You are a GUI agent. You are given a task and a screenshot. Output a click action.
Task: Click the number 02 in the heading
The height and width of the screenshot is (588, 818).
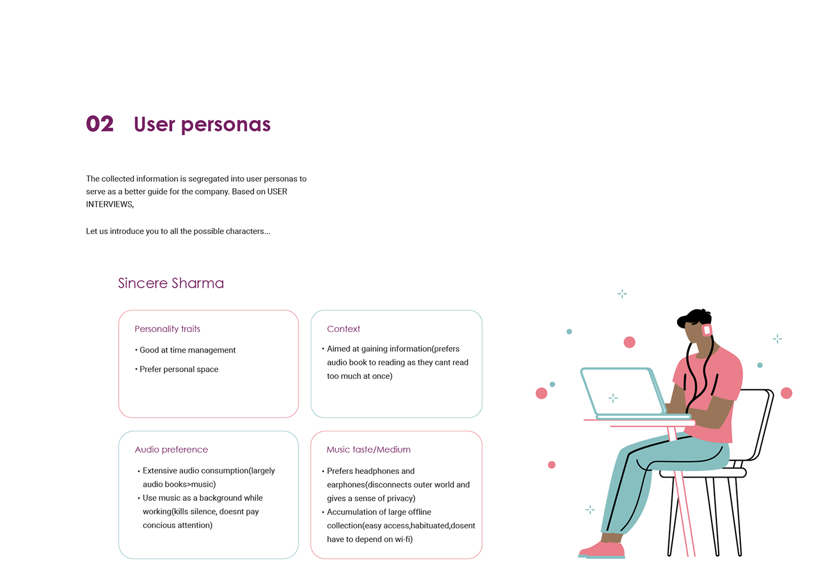click(100, 124)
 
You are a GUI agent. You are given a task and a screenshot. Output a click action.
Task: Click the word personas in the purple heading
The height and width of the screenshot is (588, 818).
click(226, 124)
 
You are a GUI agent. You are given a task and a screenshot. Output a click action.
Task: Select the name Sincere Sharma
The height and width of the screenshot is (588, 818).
click(171, 283)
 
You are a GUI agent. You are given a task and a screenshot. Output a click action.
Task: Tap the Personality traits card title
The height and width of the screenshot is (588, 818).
click(167, 329)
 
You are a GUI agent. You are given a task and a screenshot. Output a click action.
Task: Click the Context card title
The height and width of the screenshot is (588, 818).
click(344, 329)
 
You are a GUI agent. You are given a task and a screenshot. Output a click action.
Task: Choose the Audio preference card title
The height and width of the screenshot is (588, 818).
click(171, 449)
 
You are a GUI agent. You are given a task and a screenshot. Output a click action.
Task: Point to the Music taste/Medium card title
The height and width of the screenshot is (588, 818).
click(369, 449)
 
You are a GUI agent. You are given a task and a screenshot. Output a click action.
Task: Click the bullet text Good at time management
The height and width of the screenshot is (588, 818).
click(188, 350)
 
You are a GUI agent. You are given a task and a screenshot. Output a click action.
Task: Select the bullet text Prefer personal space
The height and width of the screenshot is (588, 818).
click(179, 369)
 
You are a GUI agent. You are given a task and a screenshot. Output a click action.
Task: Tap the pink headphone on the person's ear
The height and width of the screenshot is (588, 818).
click(707, 330)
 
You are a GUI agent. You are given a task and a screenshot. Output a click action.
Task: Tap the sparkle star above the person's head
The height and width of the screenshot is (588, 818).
click(622, 293)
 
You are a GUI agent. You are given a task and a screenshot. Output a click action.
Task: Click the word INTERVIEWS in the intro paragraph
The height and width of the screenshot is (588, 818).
click(109, 205)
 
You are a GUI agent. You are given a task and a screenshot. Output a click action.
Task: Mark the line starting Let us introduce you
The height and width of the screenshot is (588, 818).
click(178, 231)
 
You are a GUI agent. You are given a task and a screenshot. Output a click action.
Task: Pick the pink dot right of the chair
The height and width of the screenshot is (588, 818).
click(786, 393)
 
